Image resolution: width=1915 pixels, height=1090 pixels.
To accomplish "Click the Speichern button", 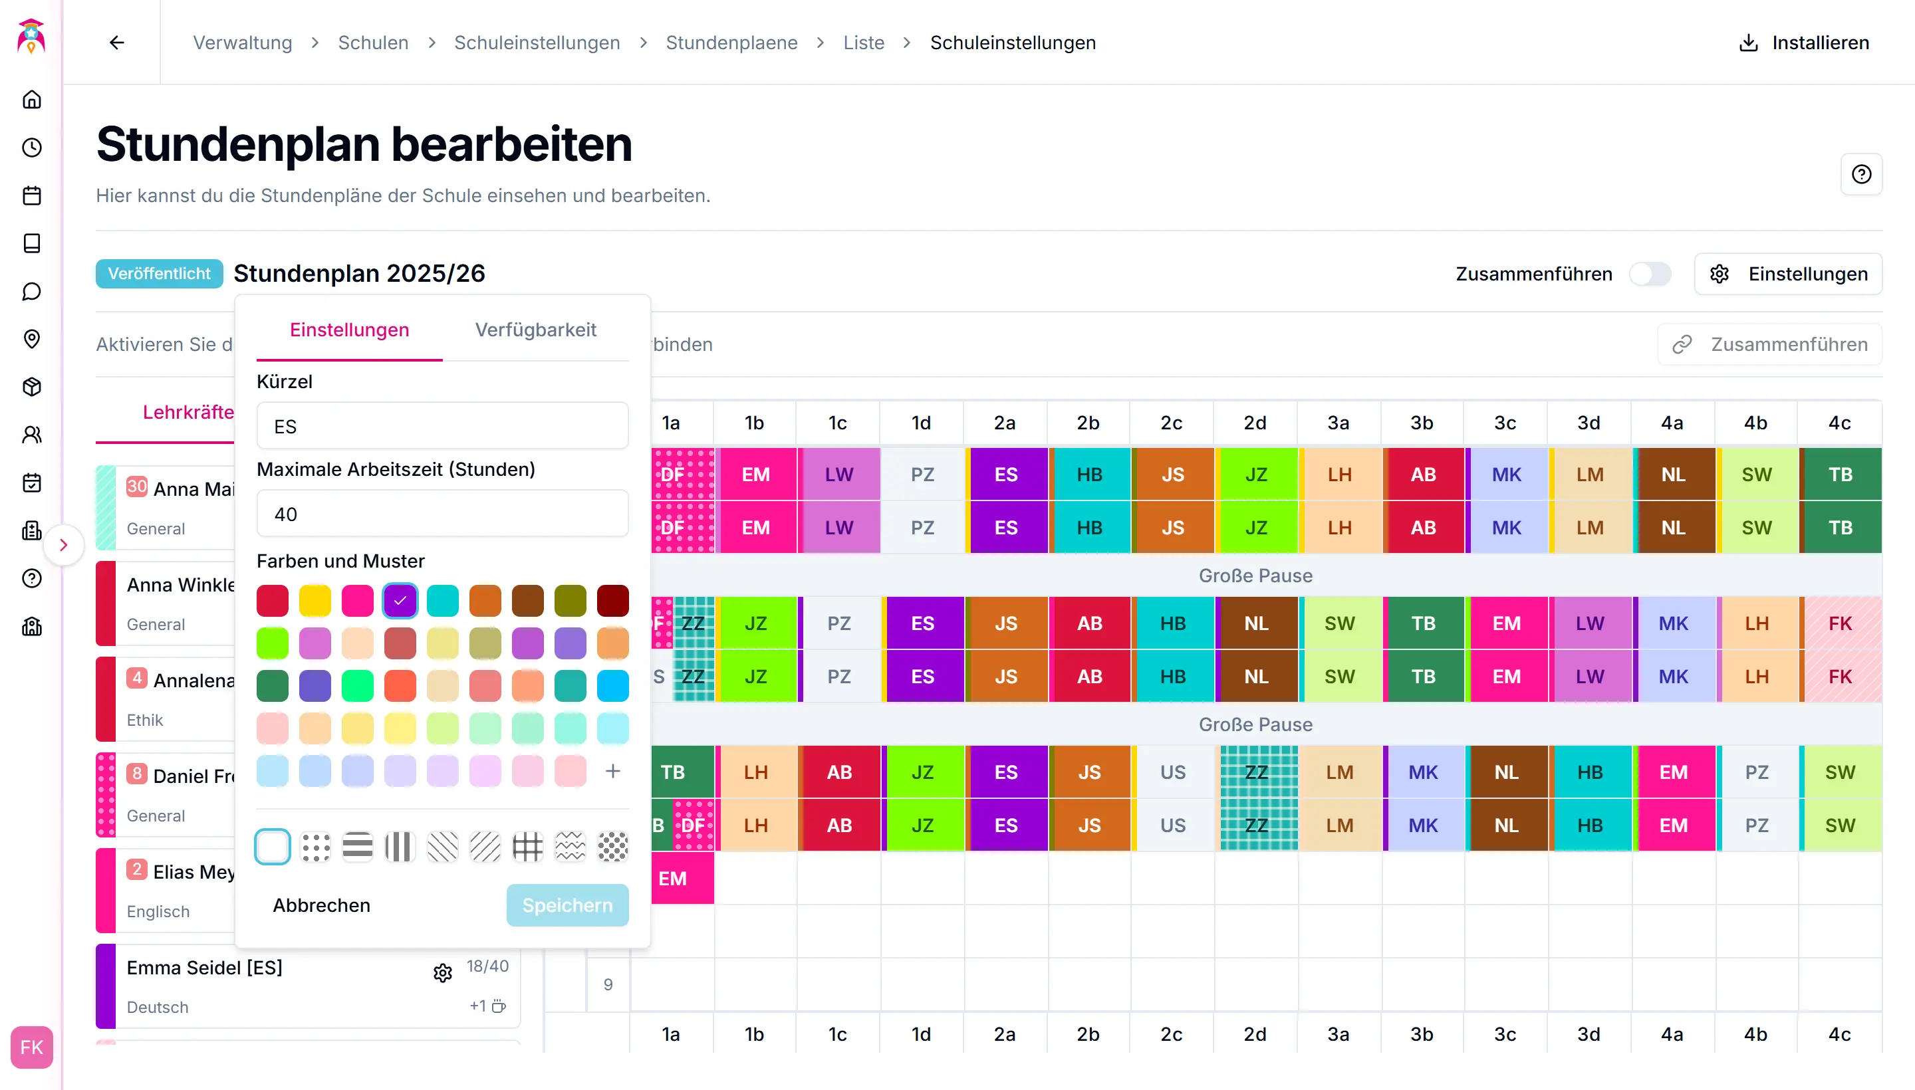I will coord(567,905).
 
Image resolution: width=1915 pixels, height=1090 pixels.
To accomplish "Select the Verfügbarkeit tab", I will coord(535,330).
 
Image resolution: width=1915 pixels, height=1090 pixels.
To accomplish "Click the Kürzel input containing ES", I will coord(442,426).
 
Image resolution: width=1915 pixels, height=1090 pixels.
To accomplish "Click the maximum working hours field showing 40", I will coord(442,514).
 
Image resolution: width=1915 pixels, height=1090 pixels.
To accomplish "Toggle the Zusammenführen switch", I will coord(1649,274).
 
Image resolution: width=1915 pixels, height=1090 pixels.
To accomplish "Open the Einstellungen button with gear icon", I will coord(1788,274).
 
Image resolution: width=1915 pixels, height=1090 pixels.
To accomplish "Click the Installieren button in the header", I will coord(1804,43).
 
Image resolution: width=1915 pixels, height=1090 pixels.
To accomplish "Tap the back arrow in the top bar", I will coord(117,43).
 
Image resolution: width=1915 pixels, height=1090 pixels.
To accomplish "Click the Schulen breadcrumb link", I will coord(373,43).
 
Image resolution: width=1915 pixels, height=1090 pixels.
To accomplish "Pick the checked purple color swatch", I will coord(400,600).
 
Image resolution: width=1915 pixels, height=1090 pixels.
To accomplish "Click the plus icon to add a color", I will coord(612,771).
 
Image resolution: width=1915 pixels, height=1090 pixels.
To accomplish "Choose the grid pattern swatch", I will coord(527,847).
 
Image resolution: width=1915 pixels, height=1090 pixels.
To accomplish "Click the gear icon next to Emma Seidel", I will coord(443,972).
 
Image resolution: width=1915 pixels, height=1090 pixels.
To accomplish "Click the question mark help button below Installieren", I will coord(1861,174).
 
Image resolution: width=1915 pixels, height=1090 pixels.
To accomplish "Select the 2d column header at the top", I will coord(1255,423).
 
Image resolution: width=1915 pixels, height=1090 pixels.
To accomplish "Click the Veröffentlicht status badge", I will coord(159,274).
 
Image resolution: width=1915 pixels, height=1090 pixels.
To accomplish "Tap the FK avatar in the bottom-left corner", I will coord(31,1047).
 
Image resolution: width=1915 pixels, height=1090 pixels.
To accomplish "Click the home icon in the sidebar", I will coord(31,100).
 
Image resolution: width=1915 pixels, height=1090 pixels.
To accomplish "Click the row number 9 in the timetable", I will coord(607,984).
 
